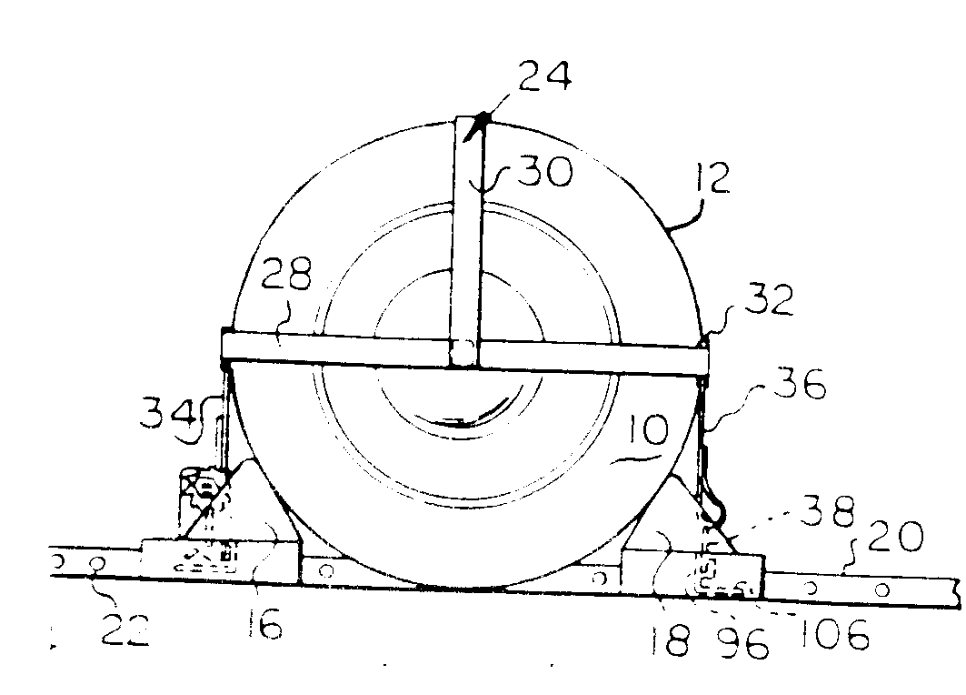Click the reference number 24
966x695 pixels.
[544, 76]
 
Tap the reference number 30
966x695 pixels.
[545, 171]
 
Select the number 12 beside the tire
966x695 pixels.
[712, 178]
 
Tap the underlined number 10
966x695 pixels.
[647, 430]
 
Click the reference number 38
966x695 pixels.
[829, 511]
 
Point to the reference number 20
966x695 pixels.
[896, 537]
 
